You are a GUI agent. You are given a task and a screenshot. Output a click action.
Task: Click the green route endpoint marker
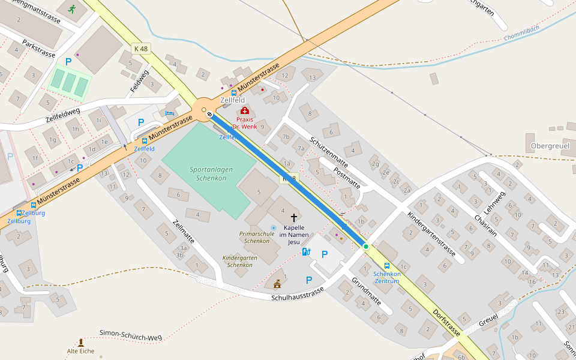click(x=365, y=247)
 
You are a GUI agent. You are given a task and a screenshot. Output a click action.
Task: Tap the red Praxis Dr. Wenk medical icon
click(x=244, y=110)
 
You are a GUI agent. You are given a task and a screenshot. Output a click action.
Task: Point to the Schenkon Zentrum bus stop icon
click(x=386, y=265)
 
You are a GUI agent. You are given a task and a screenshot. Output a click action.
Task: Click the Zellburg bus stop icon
click(x=19, y=213)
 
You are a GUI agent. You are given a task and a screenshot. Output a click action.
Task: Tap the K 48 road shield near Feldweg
click(x=141, y=48)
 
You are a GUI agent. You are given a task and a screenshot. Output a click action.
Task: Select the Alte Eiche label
click(x=80, y=351)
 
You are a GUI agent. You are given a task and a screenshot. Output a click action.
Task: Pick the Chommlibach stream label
click(x=523, y=37)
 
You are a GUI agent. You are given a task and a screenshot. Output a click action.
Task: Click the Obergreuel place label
click(x=550, y=146)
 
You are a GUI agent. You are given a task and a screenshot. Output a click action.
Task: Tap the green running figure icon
click(x=72, y=9)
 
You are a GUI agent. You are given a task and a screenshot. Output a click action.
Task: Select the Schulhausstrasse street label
click(x=297, y=294)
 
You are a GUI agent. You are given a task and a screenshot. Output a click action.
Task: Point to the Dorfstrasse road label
click(x=447, y=324)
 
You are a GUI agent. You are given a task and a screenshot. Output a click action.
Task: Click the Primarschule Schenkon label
click(x=257, y=237)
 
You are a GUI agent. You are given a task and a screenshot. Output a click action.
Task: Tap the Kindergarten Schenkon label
click(x=237, y=261)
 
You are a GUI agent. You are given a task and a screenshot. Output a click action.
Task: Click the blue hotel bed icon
click(x=170, y=113)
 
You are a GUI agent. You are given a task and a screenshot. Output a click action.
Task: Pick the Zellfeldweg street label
click(x=62, y=116)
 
